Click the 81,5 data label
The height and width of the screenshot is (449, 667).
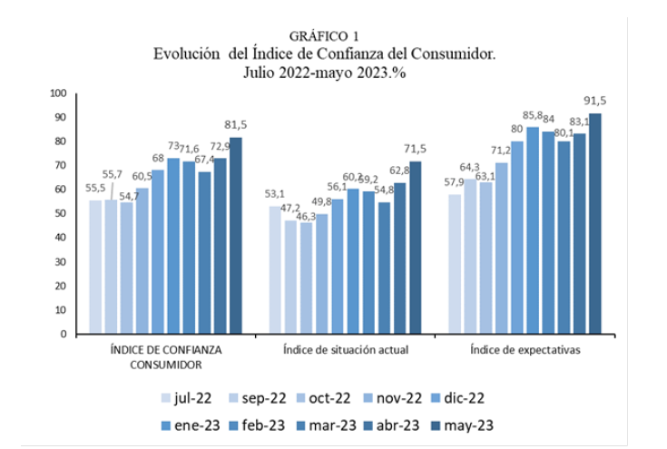click(x=234, y=124)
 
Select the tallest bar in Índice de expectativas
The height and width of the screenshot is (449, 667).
click(x=595, y=223)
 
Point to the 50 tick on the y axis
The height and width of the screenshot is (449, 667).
click(x=60, y=213)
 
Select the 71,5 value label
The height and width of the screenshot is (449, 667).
click(x=414, y=149)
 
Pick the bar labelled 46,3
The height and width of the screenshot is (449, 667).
click(x=306, y=278)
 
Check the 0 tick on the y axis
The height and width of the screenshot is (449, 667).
click(x=64, y=334)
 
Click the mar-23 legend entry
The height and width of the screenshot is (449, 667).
click(x=324, y=424)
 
